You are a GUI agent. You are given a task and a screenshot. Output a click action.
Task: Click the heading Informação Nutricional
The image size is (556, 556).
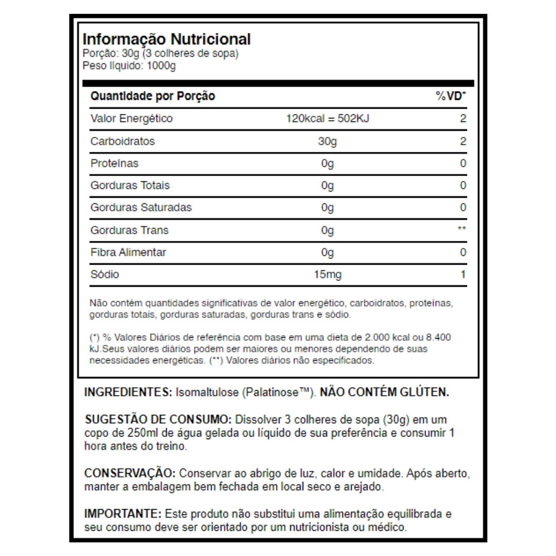tap(166, 40)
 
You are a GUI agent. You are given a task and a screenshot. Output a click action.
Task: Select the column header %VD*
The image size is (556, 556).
tap(451, 96)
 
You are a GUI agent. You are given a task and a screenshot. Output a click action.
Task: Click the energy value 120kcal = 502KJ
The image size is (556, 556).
tap(328, 119)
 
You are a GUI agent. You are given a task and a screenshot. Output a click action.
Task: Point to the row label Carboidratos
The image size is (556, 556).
tap(123, 141)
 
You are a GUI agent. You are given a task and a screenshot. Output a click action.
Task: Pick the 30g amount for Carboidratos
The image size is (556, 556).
tap(327, 142)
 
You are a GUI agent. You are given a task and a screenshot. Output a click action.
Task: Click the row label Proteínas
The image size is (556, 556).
tap(114, 164)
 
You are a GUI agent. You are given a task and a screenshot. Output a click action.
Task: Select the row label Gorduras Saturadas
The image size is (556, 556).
tap(141, 207)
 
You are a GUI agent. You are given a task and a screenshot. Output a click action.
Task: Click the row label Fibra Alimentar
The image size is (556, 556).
tap(128, 252)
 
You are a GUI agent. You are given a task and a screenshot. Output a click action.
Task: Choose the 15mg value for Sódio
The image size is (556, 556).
tap(327, 274)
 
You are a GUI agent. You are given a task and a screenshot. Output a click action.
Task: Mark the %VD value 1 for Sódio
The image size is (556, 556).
tap(463, 274)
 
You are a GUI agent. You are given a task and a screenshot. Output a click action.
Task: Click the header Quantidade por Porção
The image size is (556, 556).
tap(152, 96)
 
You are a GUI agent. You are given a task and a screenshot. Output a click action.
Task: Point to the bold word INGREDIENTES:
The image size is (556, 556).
tap(128, 392)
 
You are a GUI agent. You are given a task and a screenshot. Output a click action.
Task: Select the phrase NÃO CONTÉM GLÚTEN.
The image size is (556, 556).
tap(384, 392)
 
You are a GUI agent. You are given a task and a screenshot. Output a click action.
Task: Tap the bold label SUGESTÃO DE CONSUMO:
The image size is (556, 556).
tap(154, 420)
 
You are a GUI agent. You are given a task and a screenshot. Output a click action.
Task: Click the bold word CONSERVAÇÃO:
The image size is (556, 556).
tap(130, 473)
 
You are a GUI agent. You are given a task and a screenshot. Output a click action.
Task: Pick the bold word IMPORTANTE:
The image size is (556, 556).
tap(123, 514)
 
